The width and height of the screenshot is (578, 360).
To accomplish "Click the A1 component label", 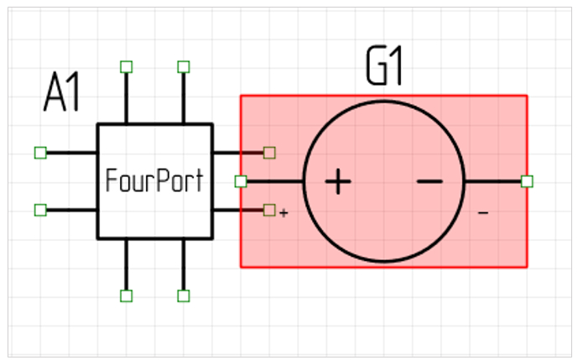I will (x=62, y=94).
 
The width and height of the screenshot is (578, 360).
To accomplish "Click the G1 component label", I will (x=384, y=70).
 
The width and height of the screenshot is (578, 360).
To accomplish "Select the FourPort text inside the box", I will (x=154, y=180).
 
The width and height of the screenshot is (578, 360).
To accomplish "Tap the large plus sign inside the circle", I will (x=337, y=181).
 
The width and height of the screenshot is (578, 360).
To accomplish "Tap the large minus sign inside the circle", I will (x=429, y=181).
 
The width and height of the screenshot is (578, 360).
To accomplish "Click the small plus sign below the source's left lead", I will (x=284, y=213).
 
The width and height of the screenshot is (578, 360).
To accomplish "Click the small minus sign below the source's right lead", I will (x=483, y=213).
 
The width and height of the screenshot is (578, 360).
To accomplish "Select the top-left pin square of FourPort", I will (x=126, y=66).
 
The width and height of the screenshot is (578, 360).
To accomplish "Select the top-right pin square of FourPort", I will (x=184, y=66).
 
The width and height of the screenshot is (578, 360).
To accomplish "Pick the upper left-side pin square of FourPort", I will (x=39, y=152).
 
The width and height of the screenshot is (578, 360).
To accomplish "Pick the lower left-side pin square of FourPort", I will (x=39, y=210).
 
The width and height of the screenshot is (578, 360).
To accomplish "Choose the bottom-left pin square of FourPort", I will (x=126, y=295).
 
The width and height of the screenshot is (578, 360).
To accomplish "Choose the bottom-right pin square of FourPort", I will (x=184, y=295).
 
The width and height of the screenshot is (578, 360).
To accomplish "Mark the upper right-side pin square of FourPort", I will (x=269, y=152).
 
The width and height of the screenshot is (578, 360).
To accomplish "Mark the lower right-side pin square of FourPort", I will (x=269, y=210).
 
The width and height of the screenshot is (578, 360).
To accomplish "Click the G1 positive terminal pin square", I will (x=241, y=181).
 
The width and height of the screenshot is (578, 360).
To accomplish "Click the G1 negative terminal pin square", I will (x=527, y=181).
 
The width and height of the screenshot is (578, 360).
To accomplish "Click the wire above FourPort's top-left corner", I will (x=126, y=97).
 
